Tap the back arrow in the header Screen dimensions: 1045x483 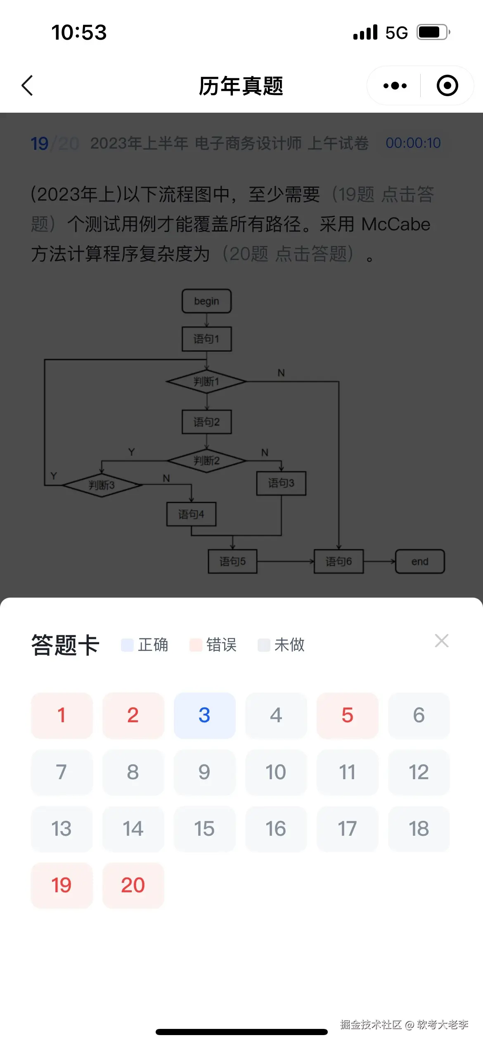[27, 86]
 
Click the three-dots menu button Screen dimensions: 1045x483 [395, 86]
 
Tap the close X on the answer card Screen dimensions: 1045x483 [441, 641]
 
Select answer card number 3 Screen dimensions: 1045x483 [204, 715]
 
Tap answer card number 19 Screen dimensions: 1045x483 [62, 885]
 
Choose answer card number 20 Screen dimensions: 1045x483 [133, 885]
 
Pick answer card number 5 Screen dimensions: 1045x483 [347, 715]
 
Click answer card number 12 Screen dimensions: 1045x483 [419, 772]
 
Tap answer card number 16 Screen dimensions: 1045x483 [276, 829]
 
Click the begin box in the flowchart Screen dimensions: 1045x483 [206, 301]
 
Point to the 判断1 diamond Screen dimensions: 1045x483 [206, 382]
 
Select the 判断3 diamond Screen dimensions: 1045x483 [102, 485]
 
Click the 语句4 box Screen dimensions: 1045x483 [191, 514]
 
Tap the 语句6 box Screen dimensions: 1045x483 [339, 561]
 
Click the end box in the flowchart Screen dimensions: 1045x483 [420, 561]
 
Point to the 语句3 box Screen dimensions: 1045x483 [281, 483]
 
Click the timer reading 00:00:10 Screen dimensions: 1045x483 [413, 143]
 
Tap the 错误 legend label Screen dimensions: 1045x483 [221, 645]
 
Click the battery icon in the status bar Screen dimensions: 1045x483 [432, 32]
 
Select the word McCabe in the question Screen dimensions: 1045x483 [395, 225]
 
